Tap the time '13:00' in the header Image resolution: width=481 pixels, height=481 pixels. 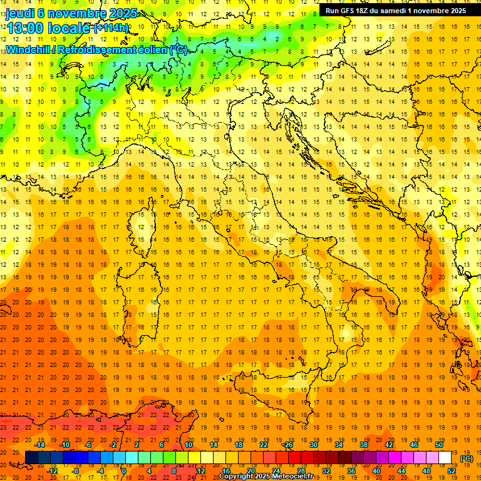click(26, 28)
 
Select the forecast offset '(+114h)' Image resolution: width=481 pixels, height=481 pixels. click(111, 28)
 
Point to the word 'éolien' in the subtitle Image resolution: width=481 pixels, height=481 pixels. click(153, 49)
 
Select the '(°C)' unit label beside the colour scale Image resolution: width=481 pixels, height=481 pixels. click(467, 458)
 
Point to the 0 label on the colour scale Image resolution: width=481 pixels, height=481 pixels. click(123, 471)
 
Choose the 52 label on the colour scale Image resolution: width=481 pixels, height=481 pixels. click(452, 471)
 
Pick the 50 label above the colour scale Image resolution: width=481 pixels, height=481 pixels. click(439, 445)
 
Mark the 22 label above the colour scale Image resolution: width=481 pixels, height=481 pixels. click(264, 445)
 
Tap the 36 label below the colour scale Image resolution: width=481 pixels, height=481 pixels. click(351, 471)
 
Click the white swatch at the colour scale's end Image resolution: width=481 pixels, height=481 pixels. click(445, 458)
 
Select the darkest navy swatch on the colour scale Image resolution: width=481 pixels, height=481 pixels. click(31, 458)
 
